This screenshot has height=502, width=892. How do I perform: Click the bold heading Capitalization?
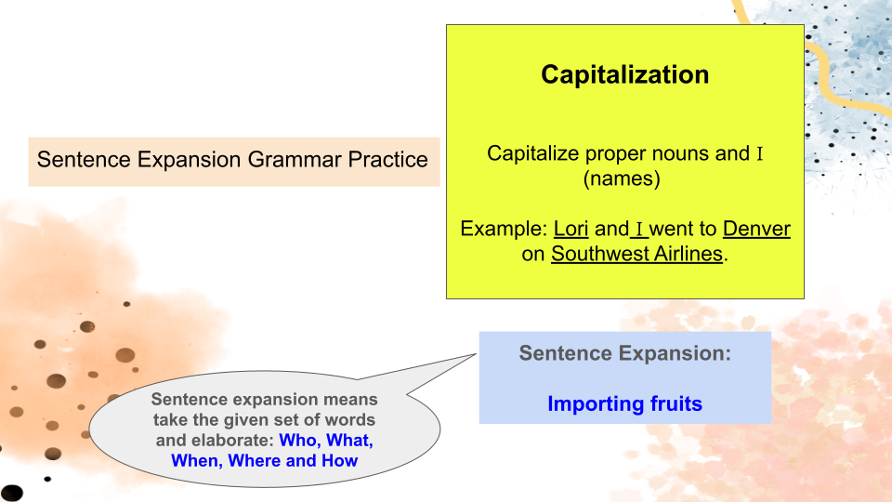(x=624, y=75)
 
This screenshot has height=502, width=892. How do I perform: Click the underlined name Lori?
(x=571, y=229)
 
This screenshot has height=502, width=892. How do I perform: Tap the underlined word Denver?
(x=756, y=229)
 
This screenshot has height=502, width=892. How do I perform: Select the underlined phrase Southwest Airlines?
(x=636, y=254)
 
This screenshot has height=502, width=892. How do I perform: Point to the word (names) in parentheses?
(x=622, y=178)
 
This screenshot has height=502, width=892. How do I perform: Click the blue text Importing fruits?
(x=624, y=403)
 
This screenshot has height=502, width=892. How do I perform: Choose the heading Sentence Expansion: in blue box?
(x=624, y=353)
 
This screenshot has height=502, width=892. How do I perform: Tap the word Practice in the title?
(x=388, y=159)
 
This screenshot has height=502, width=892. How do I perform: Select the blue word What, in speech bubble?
(x=350, y=441)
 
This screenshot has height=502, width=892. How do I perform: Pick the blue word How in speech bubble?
(x=340, y=460)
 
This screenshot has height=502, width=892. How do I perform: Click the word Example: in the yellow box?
(x=504, y=229)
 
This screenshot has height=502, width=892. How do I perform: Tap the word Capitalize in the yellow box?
(x=533, y=153)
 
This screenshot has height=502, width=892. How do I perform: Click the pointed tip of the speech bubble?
(x=476, y=354)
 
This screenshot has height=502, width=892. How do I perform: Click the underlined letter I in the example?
(x=639, y=229)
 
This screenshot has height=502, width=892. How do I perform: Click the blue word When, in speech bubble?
(x=197, y=460)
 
